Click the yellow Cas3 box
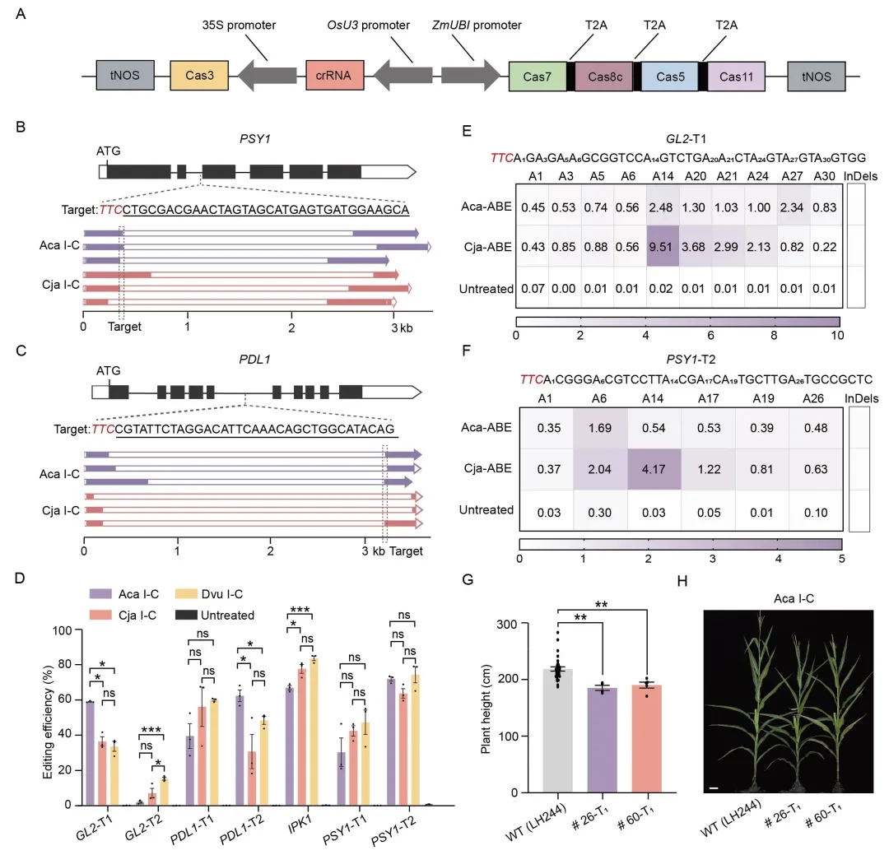tap(199, 76)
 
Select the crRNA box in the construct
tap(334, 76)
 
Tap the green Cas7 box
tap(538, 77)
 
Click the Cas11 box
tap(737, 77)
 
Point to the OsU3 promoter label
tap(369, 25)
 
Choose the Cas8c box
tap(604, 77)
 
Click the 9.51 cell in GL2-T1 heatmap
tap(662, 246)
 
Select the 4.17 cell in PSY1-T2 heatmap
tap(654, 469)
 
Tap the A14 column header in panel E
tap(662, 176)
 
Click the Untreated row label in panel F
tap(486, 509)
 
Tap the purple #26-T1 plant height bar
tap(602, 740)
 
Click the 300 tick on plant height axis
tap(506, 625)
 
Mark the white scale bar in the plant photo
tap(714, 788)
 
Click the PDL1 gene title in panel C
tap(254, 360)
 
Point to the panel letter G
tap(468, 579)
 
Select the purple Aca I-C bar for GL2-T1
tap(90, 753)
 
